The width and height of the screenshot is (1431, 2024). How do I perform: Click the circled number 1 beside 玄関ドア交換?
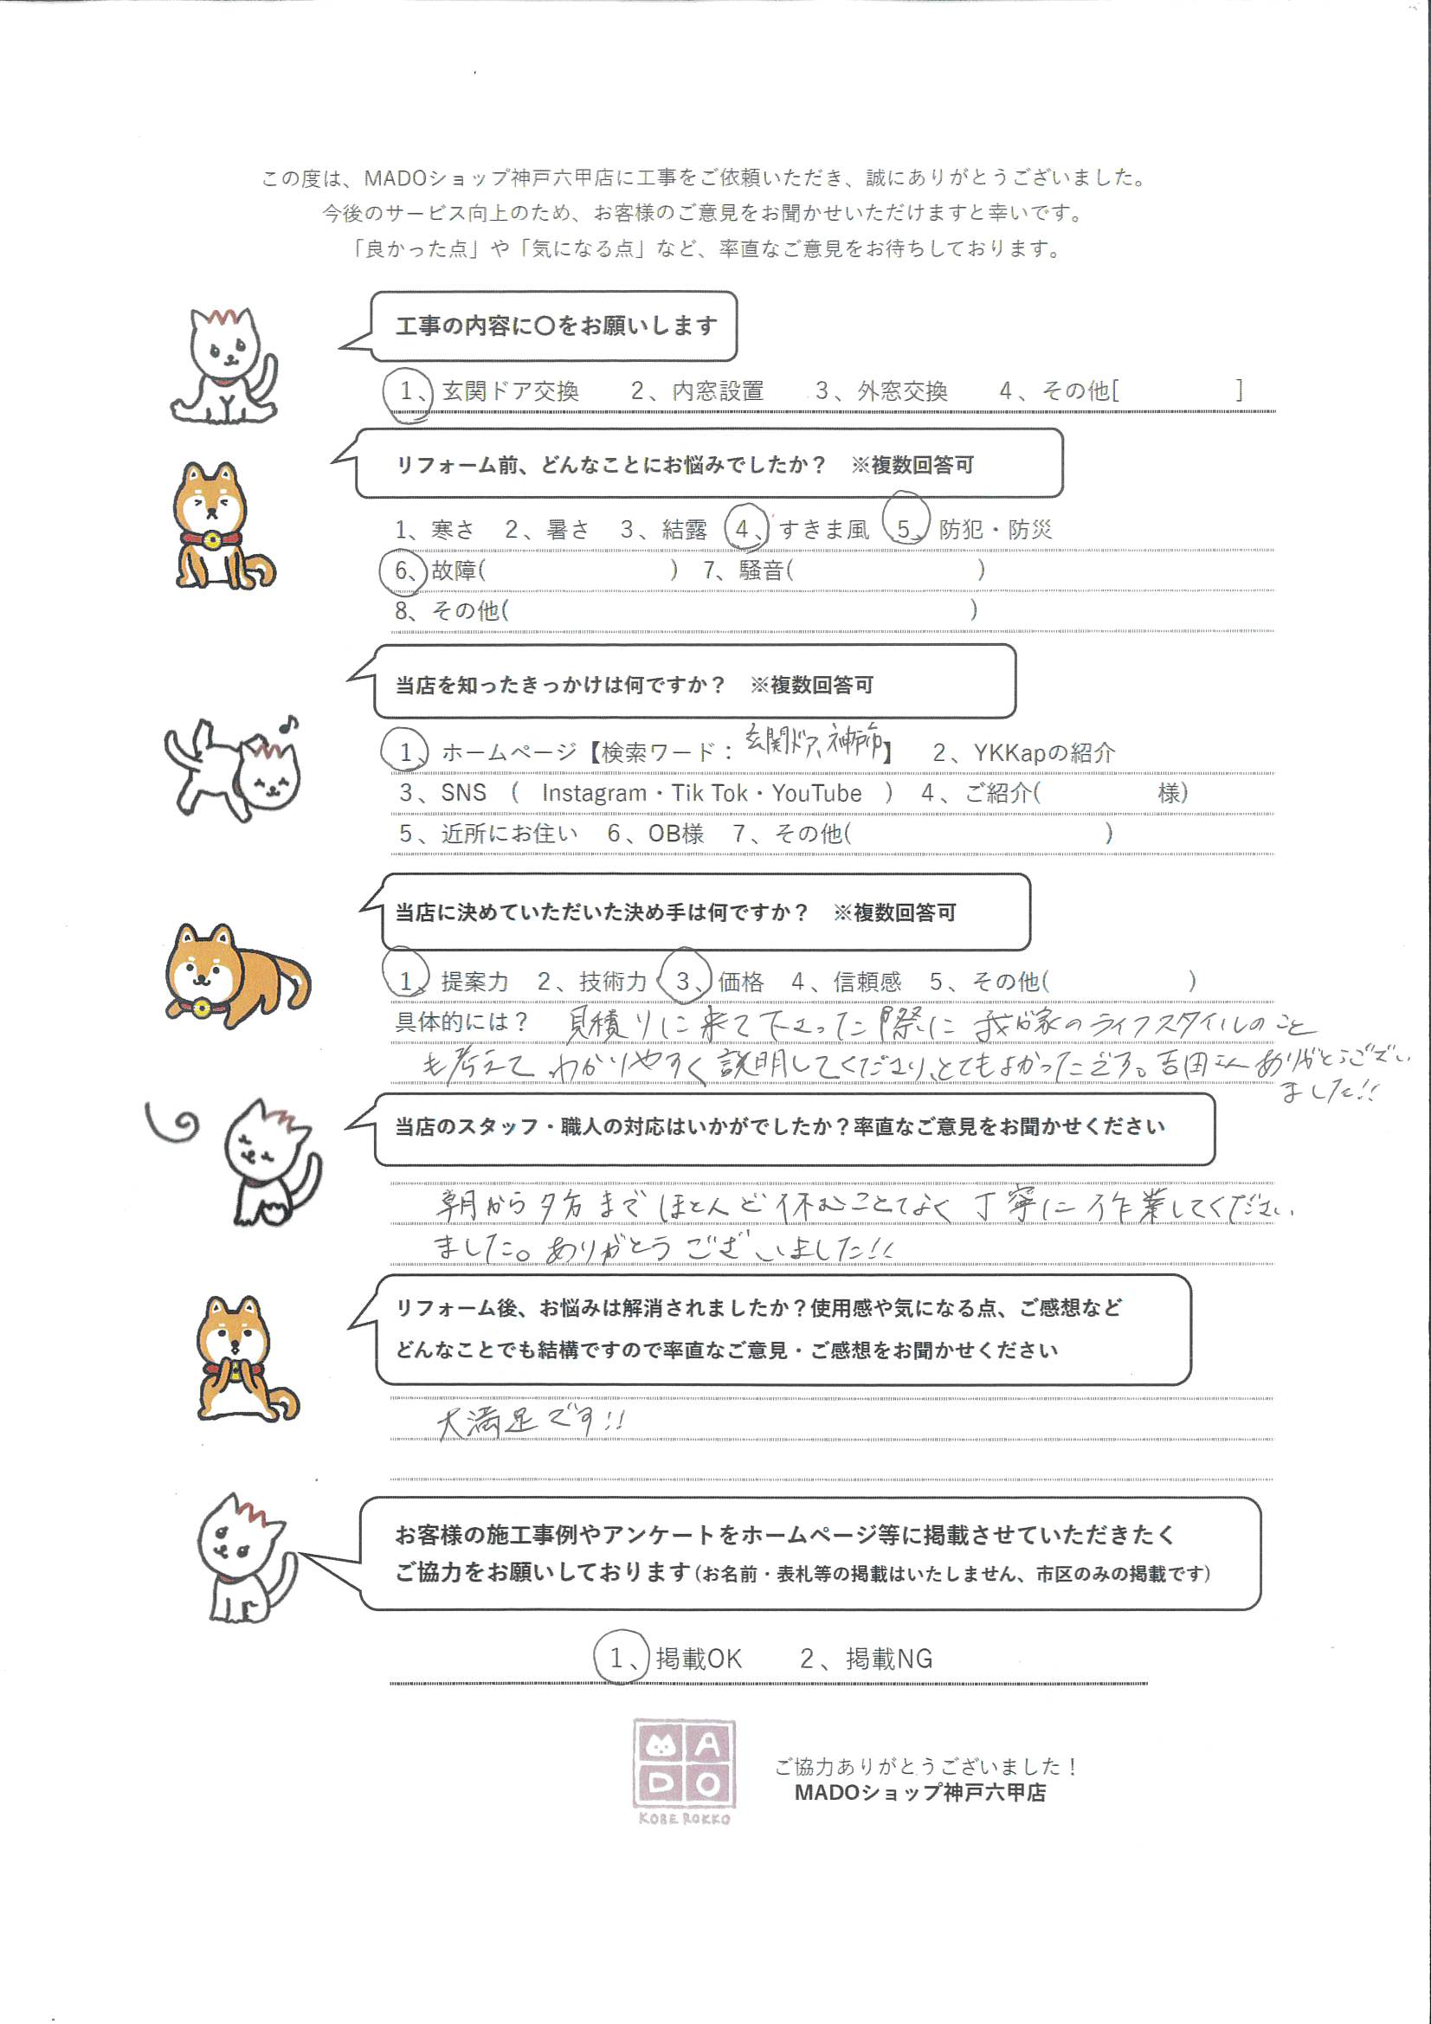click(407, 391)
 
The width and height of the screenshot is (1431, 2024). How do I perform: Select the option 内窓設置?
click(717, 391)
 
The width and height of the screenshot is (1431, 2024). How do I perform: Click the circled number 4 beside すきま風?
click(745, 529)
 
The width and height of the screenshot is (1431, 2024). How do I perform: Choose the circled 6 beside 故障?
click(403, 570)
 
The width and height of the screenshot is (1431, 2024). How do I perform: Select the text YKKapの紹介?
click(1043, 753)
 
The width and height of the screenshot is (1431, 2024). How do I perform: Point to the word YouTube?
click(816, 793)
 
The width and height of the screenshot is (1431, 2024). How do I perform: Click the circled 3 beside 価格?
click(684, 981)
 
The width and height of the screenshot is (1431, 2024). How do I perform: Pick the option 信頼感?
click(867, 981)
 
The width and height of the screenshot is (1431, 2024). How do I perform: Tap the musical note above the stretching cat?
click(288, 724)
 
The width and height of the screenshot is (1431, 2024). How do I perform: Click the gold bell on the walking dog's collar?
click(201, 1007)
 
